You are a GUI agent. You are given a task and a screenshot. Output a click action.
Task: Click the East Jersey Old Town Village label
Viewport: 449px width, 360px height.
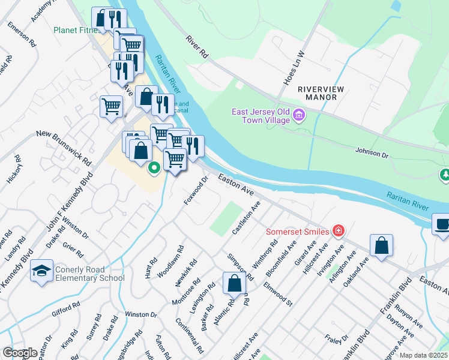[262, 116]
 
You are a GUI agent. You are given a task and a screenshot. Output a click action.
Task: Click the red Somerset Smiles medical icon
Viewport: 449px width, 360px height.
[339, 231]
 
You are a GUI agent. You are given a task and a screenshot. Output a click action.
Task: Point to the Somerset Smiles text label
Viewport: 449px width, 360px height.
[297, 232]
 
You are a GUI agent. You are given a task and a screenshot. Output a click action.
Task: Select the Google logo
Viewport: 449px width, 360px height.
[19, 352]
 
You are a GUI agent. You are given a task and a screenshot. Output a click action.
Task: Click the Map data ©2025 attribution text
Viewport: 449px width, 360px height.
[423, 355]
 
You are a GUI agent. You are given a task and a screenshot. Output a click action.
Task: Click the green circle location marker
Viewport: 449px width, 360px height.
[154, 167]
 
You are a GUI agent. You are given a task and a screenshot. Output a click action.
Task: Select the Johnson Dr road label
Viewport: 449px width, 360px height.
[372, 152]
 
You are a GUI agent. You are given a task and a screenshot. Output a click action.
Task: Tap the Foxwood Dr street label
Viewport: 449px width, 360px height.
[196, 190]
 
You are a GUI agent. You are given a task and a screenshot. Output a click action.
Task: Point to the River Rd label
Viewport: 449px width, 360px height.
[196, 46]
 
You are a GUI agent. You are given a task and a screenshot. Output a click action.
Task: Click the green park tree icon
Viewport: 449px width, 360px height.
[445, 175]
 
